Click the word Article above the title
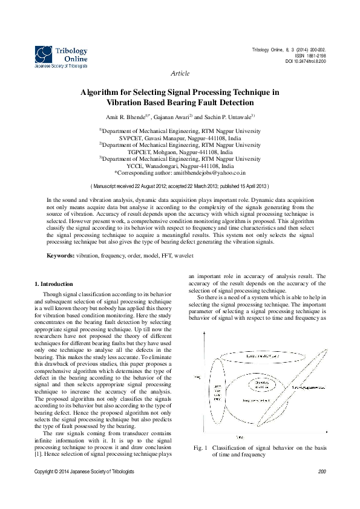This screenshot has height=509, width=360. tap(180, 73)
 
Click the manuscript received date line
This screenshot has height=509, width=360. tap(180, 187)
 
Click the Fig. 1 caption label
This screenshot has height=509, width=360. tap(200, 448)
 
